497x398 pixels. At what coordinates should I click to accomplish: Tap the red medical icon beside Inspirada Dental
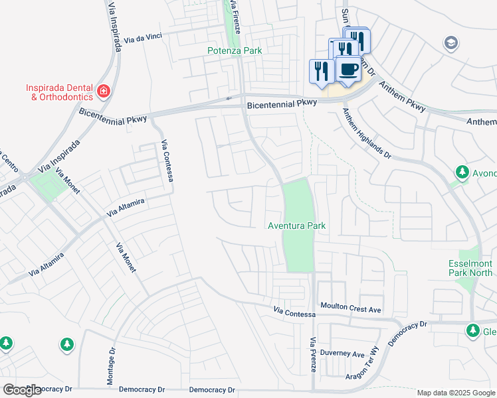[x=103, y=90]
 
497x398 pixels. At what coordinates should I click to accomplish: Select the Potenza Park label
[x=234, y=50]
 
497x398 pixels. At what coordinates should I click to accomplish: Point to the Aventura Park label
[x=296, y=226]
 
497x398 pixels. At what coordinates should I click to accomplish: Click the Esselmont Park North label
[x=470, y=268]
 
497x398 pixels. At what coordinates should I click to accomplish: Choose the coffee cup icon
[x=348, y=68]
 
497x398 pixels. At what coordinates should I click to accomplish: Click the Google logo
[x=21, y=390]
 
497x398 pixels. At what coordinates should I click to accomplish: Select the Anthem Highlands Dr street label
[x=367, y=133]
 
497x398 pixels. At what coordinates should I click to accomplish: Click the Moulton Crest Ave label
[x=351, y=310]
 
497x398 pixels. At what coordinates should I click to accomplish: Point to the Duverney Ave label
[x=342, y=353]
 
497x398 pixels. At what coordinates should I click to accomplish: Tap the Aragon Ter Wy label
[x=363, y=365]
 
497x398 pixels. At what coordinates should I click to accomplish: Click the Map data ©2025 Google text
[x=455, y=393]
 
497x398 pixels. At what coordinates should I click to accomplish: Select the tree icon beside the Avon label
[x=462, y=173]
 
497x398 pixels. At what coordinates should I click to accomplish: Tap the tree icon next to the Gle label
[x=472, y=330]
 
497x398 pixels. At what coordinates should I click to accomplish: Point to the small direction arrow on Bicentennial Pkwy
[x=229, y=98]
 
